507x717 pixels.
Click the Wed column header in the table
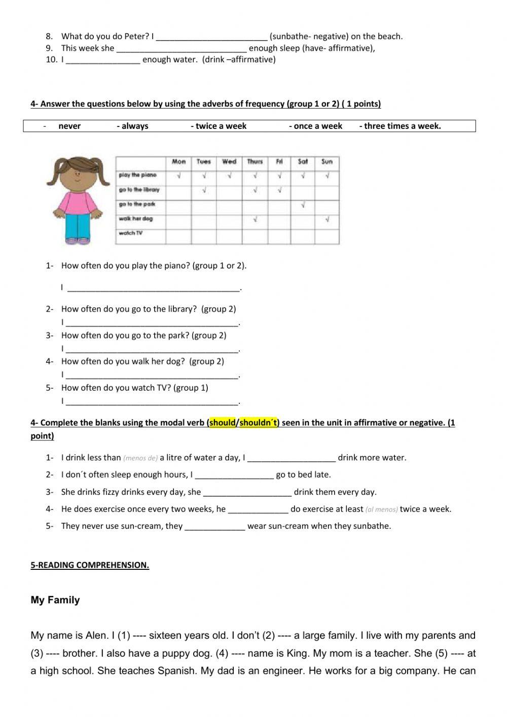point(229,162)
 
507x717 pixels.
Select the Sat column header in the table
point(303,162)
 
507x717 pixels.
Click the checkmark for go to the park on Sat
point(303,205)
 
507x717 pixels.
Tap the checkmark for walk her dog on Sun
point(328,220)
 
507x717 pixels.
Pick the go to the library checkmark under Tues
point(204,190)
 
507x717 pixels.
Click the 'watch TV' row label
point(130,233)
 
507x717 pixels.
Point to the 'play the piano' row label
point(137,175)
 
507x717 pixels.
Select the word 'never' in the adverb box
point(69,126)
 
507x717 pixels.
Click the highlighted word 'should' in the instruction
point(223,423)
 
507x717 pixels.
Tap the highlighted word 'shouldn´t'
point(259,423)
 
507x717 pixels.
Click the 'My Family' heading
point(55,600)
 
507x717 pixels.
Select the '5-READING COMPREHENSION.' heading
point(90,565)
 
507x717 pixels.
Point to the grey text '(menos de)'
point(140,458)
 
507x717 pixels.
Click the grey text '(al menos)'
point(381,509)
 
